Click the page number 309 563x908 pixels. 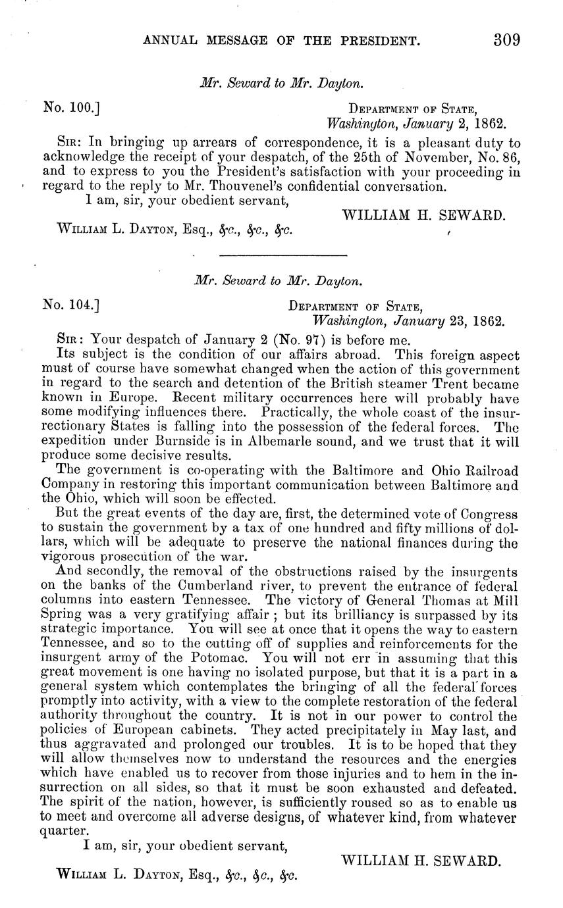[x=507, y=40]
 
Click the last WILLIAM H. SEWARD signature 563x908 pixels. [x=422, y=860]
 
